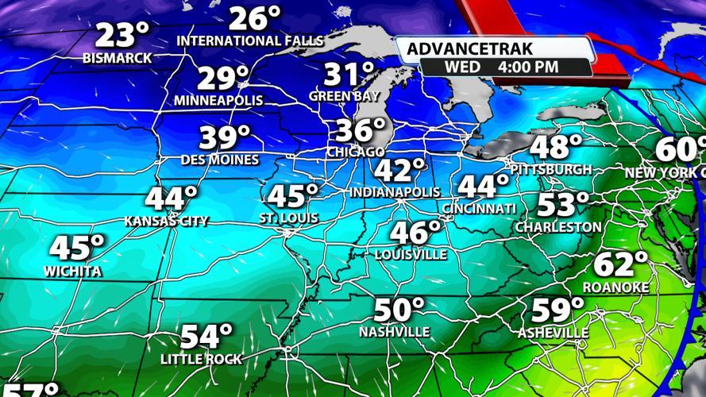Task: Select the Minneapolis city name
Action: (218, 101)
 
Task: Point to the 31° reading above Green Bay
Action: (349, 75)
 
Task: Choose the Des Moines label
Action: (219, 160)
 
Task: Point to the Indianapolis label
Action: (395, 192)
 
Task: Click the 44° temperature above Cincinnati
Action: (484, 187)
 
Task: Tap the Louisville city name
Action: (411, 255)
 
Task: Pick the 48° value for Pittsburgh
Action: (556, 148)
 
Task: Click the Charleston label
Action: (558, 227)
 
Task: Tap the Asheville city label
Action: (554, 333)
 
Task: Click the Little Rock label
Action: (201, 359)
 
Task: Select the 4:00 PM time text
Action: (528, 67)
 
